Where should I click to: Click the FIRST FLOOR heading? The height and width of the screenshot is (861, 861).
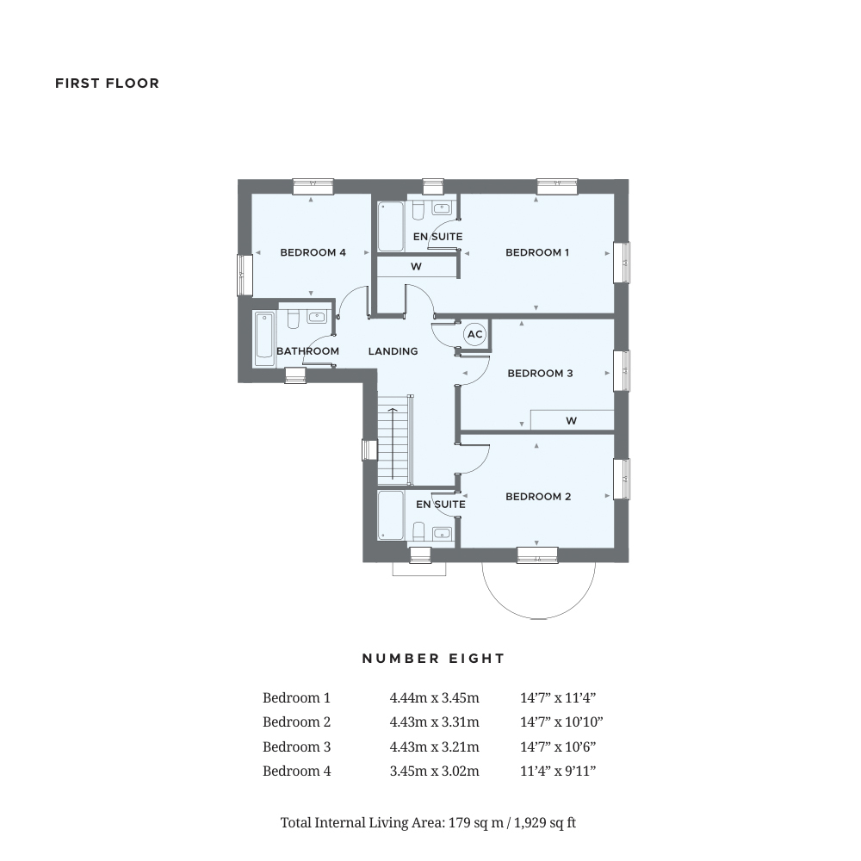point(107,84)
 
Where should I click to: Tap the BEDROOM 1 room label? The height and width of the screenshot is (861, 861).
point(537,252)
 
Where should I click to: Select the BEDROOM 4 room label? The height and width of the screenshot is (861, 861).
point(313,252)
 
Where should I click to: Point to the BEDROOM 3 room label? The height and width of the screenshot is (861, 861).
point(540,374)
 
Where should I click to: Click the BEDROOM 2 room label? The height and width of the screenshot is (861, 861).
point(538,497)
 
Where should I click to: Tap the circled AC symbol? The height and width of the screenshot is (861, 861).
point(474,334)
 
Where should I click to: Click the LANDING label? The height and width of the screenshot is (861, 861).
point(393,351)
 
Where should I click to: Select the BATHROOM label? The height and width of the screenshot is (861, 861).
point(307,351)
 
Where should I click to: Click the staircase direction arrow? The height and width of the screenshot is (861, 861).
point(393,443)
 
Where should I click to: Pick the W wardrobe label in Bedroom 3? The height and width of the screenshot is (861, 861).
point(571,421)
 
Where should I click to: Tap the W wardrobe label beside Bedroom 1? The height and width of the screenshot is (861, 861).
point(416,267)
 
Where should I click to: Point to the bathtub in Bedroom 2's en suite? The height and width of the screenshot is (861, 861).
point(391,515)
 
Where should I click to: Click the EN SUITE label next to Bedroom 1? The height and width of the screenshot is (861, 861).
point(437,237)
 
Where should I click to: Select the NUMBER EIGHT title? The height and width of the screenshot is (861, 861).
point(433,659)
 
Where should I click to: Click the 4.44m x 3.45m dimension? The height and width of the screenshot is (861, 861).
point(434,698)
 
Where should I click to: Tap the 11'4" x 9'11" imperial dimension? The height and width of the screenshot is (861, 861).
point(557,771)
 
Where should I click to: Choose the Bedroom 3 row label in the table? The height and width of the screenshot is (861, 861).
point(296,747)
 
